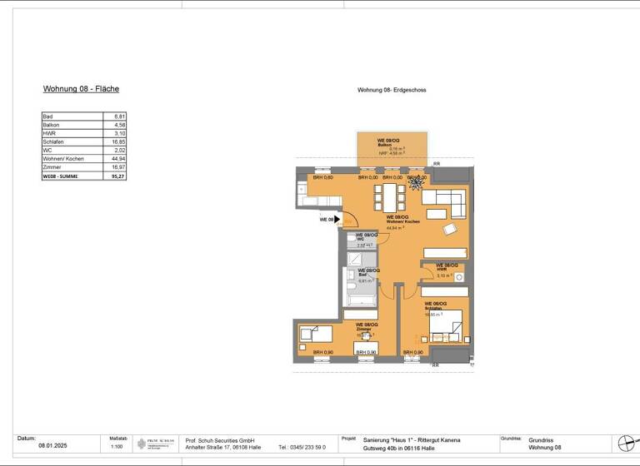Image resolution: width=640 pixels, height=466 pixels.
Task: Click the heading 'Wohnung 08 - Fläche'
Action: (81, 88)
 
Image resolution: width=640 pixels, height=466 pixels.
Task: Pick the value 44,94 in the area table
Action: (117, 157)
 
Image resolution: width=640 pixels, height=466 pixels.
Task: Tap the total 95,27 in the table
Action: (117, 176)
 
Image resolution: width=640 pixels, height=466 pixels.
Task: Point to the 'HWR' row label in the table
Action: (49, 133)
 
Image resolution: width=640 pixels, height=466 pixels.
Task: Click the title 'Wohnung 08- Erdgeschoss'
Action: (392, 90)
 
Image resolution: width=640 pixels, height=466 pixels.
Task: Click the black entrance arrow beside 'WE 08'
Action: (338, 220)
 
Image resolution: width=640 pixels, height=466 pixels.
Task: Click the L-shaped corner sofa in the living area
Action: (445, 200)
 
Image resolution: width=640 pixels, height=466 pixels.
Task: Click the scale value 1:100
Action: (117, 447)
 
